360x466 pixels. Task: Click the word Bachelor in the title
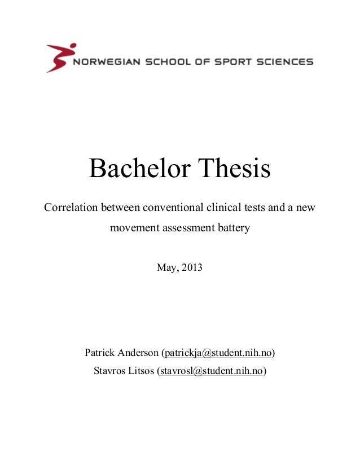(138, 168)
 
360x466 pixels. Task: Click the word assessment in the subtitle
(185, 229)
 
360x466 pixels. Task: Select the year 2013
(191, 265)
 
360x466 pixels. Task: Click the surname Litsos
(142, 371)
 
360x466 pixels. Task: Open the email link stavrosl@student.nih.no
(212, 371)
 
